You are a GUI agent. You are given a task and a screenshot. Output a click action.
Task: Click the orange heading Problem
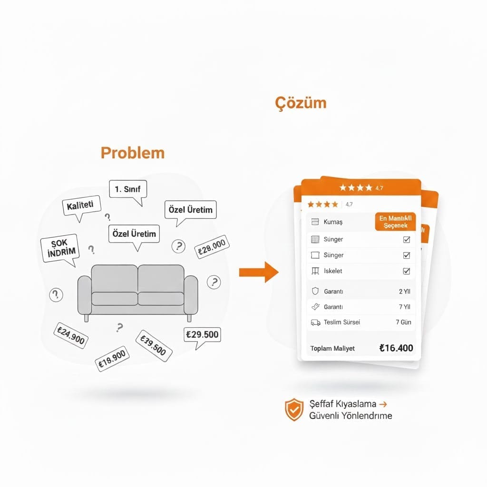(x=133, y=153)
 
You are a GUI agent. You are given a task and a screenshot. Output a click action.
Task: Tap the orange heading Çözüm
(x=301, y=103)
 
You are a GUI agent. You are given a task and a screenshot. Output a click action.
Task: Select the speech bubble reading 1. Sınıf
(x=128, y=190)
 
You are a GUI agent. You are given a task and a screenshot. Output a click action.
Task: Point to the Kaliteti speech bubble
(x=81, y=206)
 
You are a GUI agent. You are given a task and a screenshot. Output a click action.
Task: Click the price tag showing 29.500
(x=202, y=334)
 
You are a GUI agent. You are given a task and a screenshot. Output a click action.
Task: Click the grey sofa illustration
(x=137, y=291)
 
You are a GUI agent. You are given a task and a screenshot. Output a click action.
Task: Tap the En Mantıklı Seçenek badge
(x=395, y=222)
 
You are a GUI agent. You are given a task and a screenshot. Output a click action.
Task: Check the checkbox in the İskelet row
(x=406, y=271)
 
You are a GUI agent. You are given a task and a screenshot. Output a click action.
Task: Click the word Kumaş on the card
(x=333, y=222)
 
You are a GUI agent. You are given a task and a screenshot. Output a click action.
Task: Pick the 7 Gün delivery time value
(x=403, y=322)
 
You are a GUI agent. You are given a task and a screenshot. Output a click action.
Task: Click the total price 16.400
(x=396, y=348)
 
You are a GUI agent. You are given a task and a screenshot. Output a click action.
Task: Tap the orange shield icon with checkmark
(x=294, y=409)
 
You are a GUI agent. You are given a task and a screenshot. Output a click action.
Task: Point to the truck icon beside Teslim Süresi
(x=315, y=322)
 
